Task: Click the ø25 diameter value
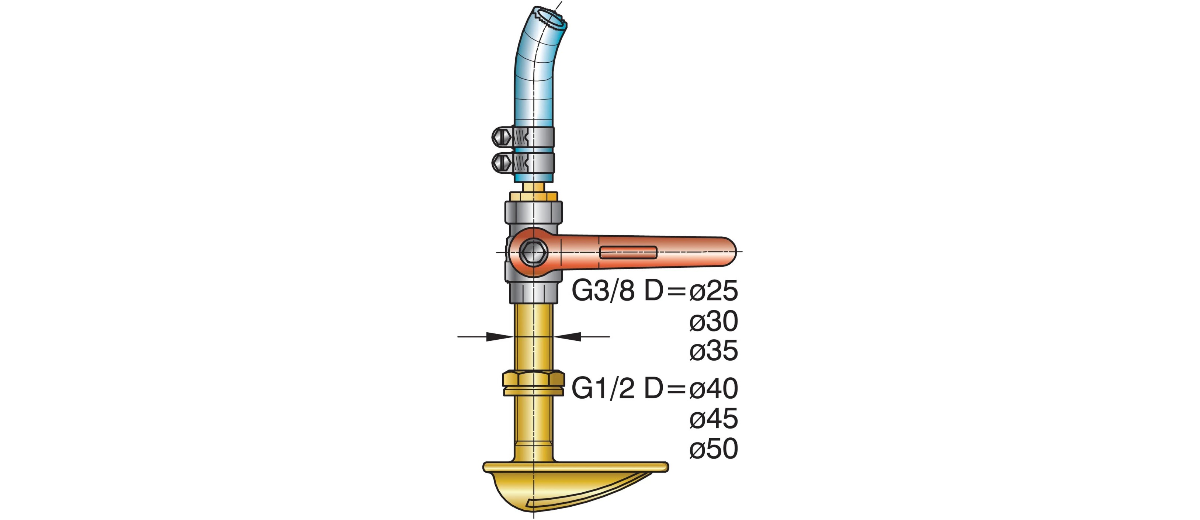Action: tap(714, 291)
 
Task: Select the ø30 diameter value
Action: tap(714, 322)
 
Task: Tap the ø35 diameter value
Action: tap(714, 351)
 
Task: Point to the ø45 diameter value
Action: tap(714, 419)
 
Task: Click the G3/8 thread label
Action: tap(603, 291)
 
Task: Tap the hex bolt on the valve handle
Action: tap(533, 252)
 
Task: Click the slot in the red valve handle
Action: tap(628, 253)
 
